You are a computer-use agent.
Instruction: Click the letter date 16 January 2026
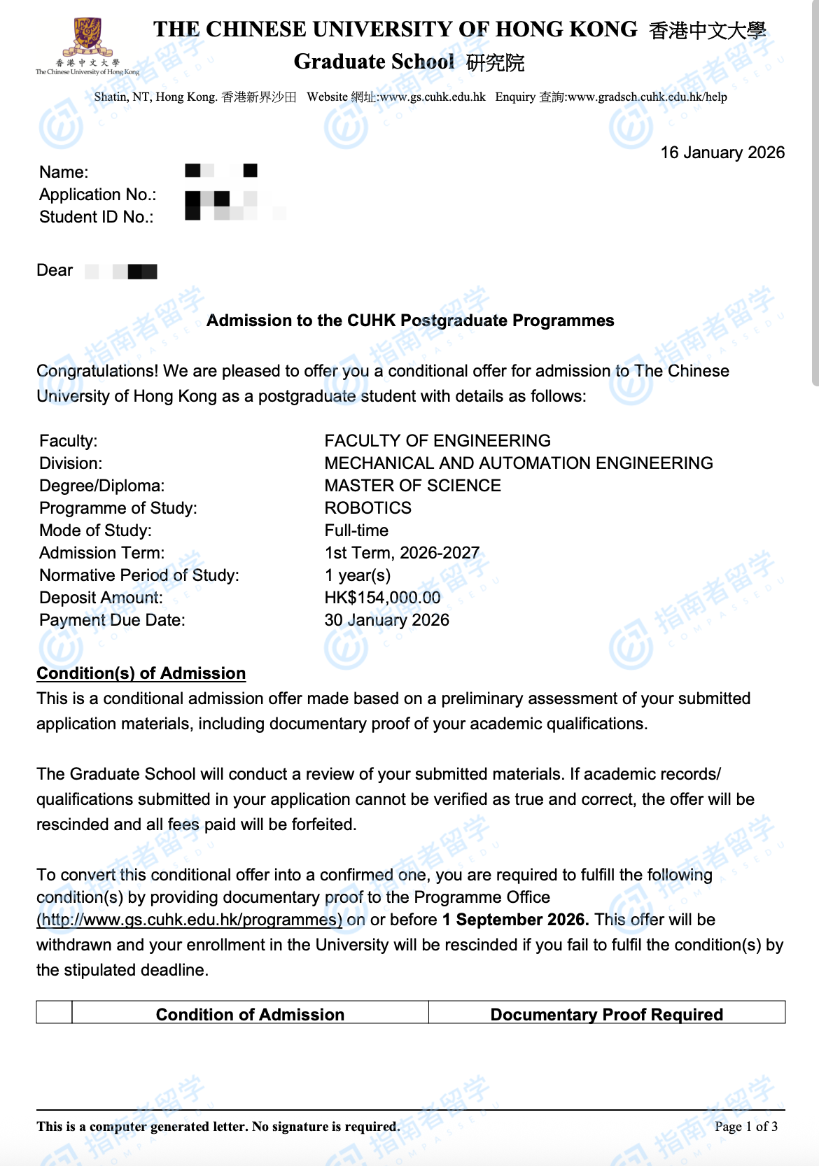[722, 153]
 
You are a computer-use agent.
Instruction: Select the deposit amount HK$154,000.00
[382, 598]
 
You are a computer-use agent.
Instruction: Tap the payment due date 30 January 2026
[386, 620]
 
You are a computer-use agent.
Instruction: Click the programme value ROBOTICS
[367, 508]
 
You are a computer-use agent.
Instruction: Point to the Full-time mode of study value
[356, 531]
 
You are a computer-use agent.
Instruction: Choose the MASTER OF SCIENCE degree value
[412, 486]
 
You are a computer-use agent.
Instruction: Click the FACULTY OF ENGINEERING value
[437, 441]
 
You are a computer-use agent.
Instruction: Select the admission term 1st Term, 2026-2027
[402, 553]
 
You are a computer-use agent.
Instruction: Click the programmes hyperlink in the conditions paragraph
[190, 920]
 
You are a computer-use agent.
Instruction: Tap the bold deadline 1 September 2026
[515, 920]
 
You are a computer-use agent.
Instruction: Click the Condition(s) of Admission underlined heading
[141, 673]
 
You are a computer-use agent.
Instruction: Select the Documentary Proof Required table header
[606, 1014]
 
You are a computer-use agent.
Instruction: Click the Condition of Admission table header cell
[250, 1014]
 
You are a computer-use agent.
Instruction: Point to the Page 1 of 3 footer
[745, 1126]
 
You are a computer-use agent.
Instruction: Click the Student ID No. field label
[96, 217]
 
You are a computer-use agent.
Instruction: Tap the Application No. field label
[97, 195]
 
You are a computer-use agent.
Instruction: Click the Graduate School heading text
[374, 62]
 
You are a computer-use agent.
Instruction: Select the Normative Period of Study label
[139, 575]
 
